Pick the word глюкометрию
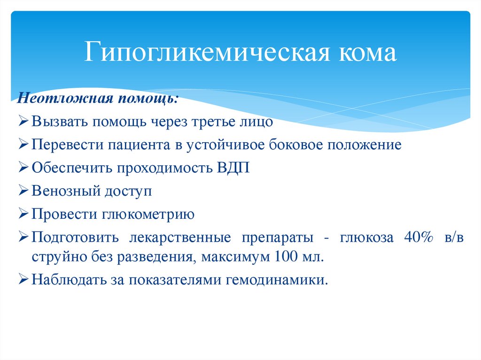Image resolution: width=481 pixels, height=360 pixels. (x=147, y=214)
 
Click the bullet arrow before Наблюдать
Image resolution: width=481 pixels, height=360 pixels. (x=25, y=281)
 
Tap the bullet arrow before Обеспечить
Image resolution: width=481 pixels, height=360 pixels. (x=25, y=168)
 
